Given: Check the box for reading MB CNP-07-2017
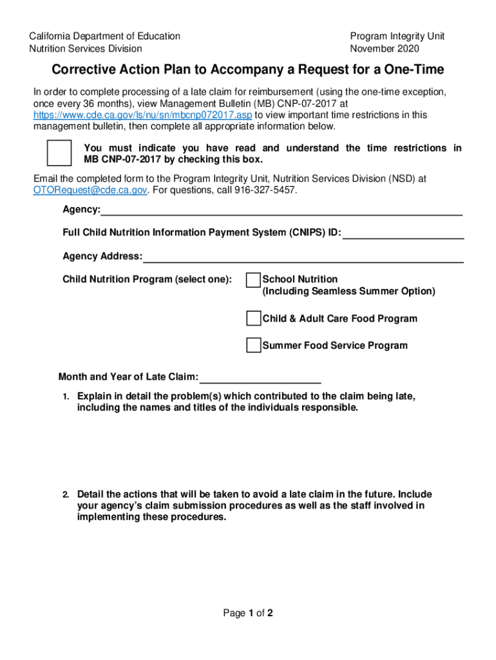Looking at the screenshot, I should coord(59,153).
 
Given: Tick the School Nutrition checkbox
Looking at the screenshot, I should coord(254,280).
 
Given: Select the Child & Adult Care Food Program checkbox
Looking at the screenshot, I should coord(254,319).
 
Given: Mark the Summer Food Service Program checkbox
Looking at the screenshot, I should coord(254,345).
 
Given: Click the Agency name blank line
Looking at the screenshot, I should coord(281,210).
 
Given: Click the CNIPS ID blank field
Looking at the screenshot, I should coord(403,233).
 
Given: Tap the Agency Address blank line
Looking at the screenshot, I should coord(303,257).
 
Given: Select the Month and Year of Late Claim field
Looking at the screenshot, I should coord(260,378).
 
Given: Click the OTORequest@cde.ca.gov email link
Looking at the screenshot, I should coord(91,190).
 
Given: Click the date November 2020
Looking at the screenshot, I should coord(385,48).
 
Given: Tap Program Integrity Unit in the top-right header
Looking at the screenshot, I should coord(397,36).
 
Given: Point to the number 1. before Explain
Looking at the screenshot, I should coord(66,396).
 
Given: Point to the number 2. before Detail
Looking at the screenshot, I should coord(66,495).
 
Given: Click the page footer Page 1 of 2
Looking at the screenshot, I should coord(248,614).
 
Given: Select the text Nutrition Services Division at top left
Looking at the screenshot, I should coord(86,48).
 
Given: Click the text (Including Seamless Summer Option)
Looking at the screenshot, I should coord(348,291).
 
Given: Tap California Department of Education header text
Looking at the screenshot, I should coord(104,36).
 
